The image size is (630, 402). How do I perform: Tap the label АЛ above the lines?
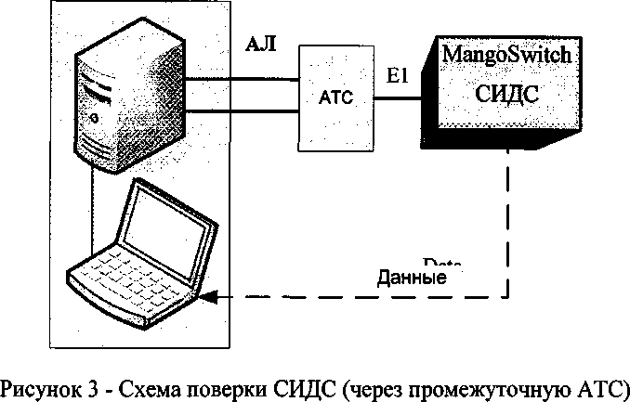pos(259,43)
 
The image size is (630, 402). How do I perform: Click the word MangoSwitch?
pos(506,54)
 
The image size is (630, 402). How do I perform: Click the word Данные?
pos(412,277)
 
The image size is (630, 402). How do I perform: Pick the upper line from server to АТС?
pos(246,79)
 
